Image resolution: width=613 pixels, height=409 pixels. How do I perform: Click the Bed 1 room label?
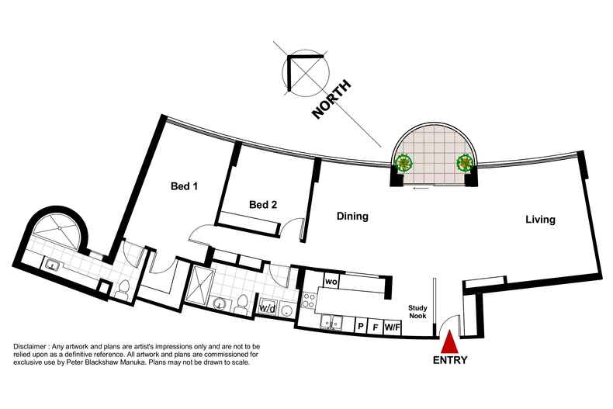184,186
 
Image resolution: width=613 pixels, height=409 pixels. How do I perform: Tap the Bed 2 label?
263,205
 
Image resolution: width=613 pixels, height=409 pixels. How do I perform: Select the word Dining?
352,217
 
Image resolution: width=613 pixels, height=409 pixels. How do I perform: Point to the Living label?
540,220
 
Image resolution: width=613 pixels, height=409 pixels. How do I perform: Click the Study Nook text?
417,312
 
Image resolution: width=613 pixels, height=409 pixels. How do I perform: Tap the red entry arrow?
449,341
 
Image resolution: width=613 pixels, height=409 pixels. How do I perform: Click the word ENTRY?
450,360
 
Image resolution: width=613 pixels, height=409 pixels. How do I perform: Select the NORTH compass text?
331,99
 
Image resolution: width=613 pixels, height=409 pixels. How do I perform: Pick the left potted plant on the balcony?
403,162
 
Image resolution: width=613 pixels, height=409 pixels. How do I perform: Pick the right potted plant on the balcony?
465,162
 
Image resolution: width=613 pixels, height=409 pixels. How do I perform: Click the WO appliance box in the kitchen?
331,282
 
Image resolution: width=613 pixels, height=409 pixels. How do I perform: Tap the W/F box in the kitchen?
393,327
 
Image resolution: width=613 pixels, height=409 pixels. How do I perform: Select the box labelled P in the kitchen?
362,326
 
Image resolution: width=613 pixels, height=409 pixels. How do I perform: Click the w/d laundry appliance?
268,309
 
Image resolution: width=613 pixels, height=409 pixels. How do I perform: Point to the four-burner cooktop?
309,300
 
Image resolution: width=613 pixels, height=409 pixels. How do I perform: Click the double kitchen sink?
331,323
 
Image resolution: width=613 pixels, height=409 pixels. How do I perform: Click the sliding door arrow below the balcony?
421,188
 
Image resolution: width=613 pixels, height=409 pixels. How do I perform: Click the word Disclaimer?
30,347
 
